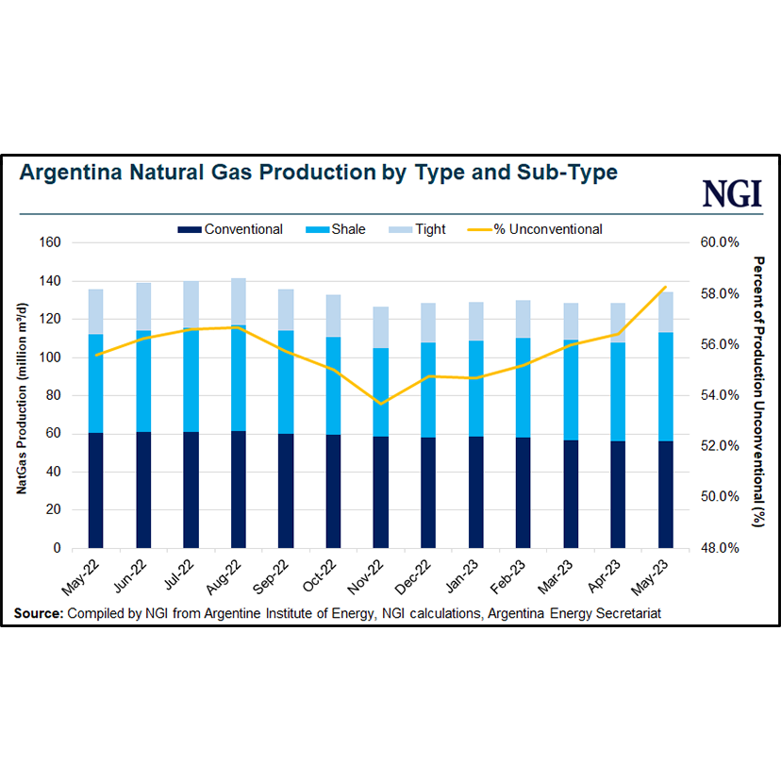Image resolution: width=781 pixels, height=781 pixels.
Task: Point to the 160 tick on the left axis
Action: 49,242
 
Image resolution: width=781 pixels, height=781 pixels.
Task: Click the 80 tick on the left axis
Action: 52,395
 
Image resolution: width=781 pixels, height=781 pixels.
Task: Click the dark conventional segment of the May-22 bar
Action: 95,490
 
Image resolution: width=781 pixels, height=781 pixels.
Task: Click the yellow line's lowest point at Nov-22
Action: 380,404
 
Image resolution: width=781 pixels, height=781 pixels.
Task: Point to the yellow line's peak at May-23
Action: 666,287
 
